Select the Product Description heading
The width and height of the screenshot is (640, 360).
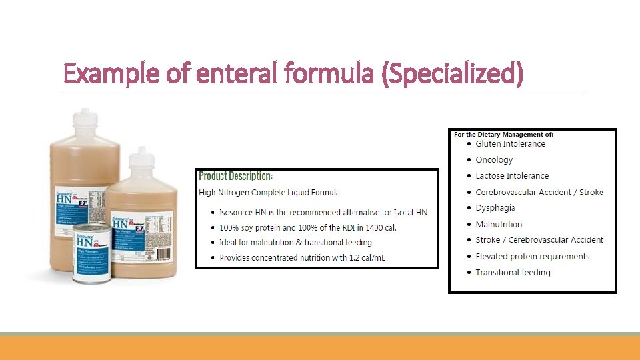(x=235, y=176)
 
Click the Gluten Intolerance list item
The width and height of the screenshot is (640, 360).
(x=510, y=144)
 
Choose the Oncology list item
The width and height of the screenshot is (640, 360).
(x=494, y=160)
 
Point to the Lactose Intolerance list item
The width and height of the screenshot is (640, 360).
(x=512, y=176)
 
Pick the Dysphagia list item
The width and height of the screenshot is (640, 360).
(x=495, y=208)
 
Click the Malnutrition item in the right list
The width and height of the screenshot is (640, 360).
(x=499, y=225)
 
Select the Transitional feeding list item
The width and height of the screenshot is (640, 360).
(x=513, y=273)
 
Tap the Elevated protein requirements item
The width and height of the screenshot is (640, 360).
(x=532, y=257)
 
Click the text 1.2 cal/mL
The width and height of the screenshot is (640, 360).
(x=367, y=258)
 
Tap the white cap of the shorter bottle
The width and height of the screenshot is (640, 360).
(x=142, y=157)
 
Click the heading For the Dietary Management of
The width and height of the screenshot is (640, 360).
(x=503, y=135)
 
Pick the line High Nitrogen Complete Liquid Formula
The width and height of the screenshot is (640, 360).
(x=269, y=193)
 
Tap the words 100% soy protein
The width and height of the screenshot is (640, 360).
(x=254, y=227)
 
